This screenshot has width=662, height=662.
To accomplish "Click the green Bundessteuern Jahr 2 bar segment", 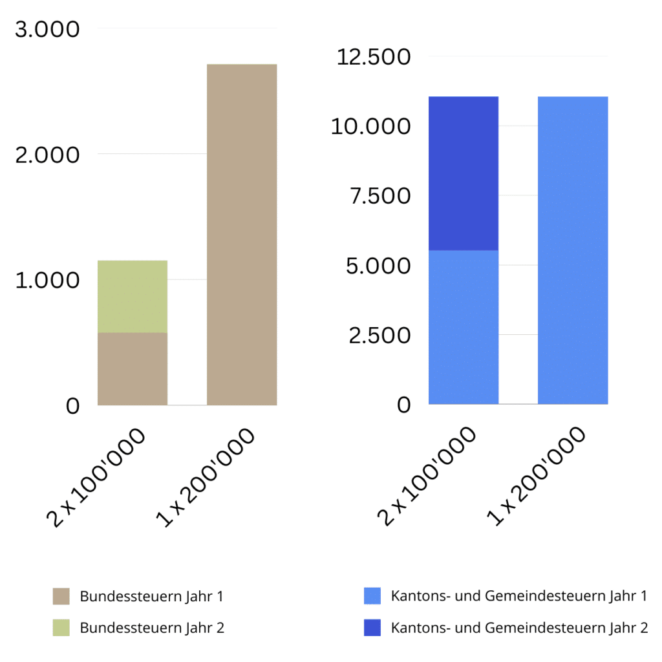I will [x=133, y=296].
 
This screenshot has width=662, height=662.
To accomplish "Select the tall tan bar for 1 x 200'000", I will [x=241, y=234].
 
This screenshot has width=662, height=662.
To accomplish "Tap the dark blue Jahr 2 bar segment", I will [x=463, y=173].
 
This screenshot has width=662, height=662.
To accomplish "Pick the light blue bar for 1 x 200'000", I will [x=573, y=250].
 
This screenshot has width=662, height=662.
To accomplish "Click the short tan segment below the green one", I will [x=133, y=368].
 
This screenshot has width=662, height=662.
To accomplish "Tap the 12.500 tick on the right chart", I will [x=374, y=57].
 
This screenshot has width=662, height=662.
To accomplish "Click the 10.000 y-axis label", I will [x=371, y=126].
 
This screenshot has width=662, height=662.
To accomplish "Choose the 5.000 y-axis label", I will [x=379, y=265].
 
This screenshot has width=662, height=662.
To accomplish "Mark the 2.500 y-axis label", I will [x=379, y=335].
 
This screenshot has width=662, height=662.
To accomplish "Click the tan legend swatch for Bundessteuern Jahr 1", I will [x=61, y=596].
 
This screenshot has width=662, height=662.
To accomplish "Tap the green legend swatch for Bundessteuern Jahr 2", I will [x=61, y=626].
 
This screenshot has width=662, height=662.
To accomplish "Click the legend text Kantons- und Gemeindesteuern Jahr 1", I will [x=518, y=596].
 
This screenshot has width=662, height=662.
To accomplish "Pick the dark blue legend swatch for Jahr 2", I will [x=372, y=626].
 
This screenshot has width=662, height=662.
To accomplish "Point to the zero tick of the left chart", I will [x=72, y=405].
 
